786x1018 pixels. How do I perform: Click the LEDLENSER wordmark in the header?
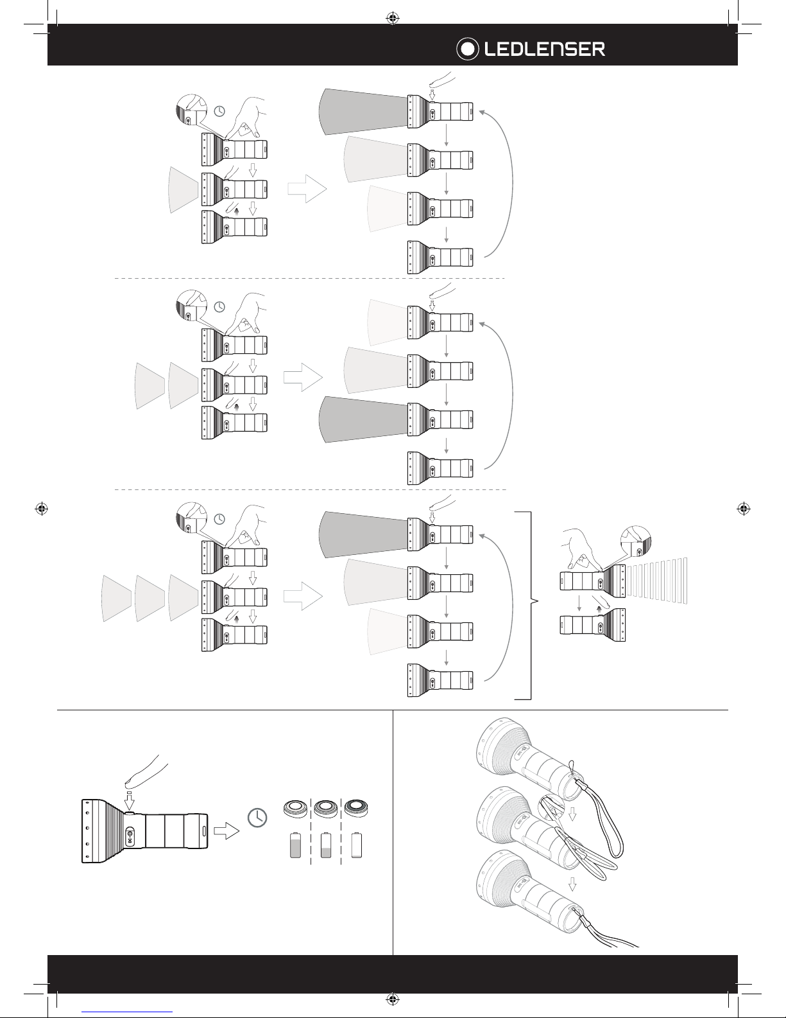point(544,49)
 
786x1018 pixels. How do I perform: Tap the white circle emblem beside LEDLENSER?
point(468,49)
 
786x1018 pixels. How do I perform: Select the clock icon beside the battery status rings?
point(257,817)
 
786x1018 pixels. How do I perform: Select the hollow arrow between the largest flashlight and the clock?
point(225,831)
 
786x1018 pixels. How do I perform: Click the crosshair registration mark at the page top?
point(393,17)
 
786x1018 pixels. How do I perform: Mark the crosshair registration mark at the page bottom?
point(393,999)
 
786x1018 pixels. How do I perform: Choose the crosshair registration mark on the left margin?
point(40,508)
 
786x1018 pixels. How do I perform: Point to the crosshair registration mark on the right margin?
point(743,508)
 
